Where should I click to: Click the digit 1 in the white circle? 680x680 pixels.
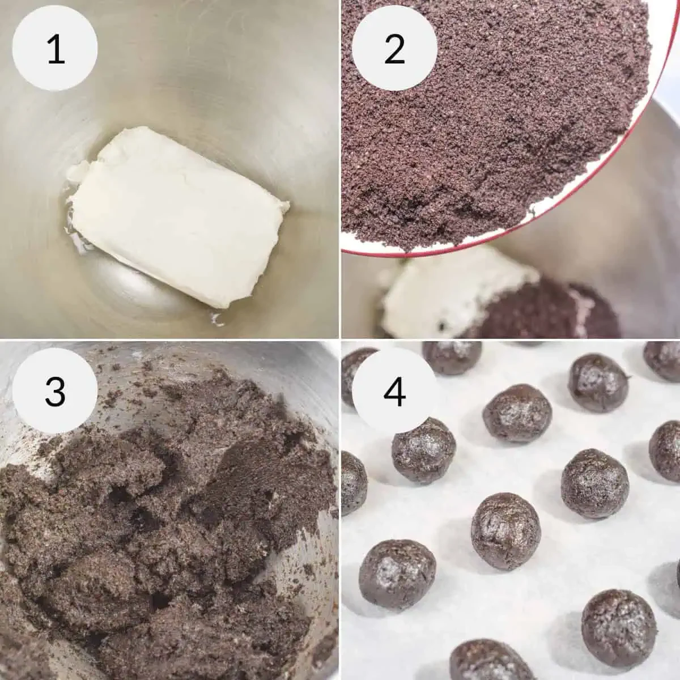coord(55,50)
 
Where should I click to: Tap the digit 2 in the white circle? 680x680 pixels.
coord(395,50)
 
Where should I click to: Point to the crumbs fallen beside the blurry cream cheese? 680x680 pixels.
coord(544,312)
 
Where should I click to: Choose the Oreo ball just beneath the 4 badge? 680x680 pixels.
coord(423,450)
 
